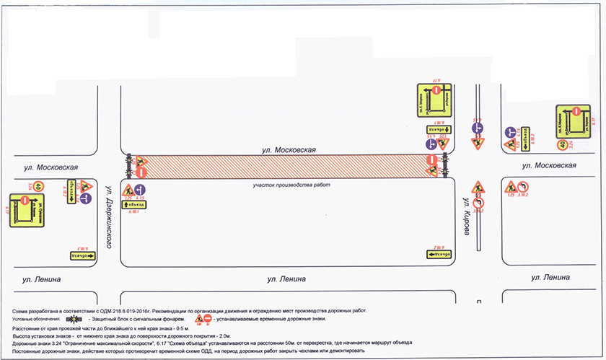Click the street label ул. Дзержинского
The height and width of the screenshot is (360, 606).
point(110,214)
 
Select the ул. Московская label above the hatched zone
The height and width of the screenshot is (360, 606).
point(289,149)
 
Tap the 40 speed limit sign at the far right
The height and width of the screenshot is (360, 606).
point(561,144)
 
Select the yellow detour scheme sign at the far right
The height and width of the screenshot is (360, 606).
point(572,118)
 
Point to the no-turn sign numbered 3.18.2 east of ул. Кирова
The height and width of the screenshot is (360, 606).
point(524,187)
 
